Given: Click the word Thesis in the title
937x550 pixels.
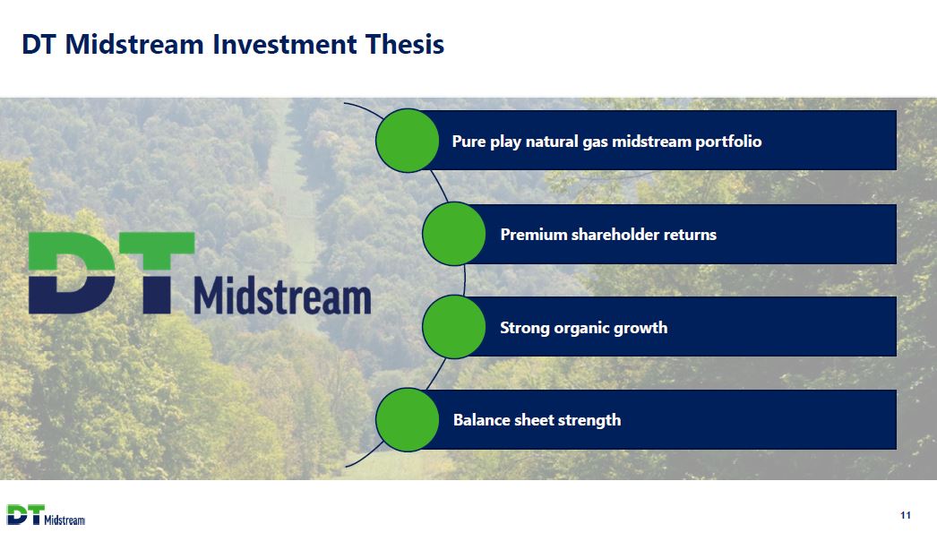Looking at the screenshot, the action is point(405,44).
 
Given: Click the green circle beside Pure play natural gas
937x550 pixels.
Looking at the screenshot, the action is point(408,141).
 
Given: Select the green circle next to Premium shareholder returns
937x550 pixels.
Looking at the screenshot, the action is point(454,234).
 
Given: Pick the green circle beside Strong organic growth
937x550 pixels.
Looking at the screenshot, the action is point(454,327).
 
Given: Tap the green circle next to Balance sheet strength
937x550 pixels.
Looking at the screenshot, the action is point(408,420).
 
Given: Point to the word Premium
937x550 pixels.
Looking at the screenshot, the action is point(533,235).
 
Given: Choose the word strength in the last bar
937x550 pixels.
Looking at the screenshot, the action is point(589,420).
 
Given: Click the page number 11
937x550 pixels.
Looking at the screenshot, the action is point(906,515).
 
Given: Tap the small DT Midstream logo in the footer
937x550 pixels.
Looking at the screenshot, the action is point(46,515).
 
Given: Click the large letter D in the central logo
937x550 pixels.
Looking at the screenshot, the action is point(72,273).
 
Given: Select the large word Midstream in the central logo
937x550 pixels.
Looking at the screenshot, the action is point(283,296).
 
